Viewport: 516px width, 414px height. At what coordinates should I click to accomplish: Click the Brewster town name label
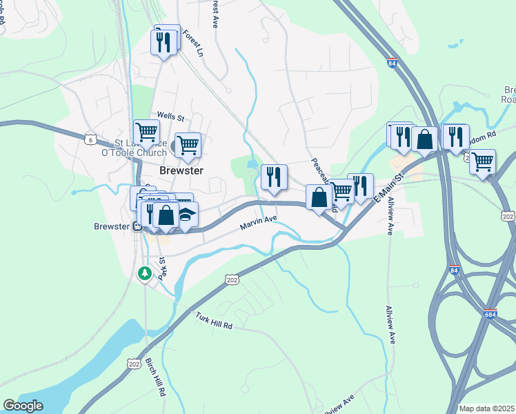[x=181, y=170]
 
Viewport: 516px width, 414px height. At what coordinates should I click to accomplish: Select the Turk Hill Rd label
[x=213, y=319]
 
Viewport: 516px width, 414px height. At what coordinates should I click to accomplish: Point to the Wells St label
[x=170, y=116]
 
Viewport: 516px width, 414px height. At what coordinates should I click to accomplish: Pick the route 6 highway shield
[x=90, y=139]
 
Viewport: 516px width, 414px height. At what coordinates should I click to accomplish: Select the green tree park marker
[x=145, y=274]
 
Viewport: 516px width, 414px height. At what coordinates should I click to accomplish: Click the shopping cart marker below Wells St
[x=188, y=145]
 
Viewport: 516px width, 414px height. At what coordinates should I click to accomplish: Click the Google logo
[x=23, y=406]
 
